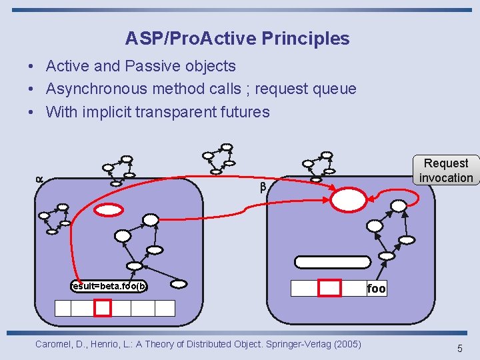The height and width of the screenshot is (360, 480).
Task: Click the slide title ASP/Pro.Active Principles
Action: (237, 39)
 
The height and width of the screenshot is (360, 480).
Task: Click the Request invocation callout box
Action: (446, 170)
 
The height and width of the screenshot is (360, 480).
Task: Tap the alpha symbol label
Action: (39, 179)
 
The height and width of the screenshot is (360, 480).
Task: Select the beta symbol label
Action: (263, 188)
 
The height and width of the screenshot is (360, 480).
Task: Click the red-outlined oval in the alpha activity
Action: (109, 210)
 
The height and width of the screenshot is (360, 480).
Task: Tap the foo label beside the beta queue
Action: (376, 289)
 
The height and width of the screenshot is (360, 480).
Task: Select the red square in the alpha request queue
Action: (103, 308)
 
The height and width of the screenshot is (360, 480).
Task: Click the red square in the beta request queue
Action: (329, 288)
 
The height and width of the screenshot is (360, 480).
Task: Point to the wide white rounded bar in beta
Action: (333, 262)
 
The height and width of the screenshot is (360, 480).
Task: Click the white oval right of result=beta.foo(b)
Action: (179, 284)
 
